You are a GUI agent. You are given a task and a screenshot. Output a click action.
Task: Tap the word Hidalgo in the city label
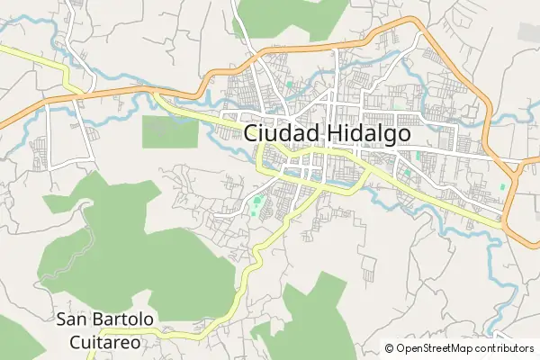point(364,133)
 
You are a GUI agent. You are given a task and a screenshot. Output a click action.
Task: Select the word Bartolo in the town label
point(121,320)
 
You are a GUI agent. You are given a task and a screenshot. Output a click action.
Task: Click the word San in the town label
point(72,320)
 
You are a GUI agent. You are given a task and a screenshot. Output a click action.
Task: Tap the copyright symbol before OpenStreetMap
point(390,348)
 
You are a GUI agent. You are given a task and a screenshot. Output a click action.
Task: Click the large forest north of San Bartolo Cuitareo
point(135,243)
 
